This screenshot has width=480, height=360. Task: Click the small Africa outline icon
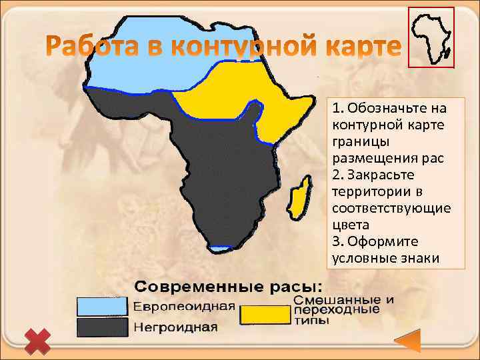pyautogui.click(x=431, y=37)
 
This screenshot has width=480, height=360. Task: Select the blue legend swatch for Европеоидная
pyautogui.click(x=102, y=306)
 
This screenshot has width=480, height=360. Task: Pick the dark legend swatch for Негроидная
pyautogui.click(x=102, y=327)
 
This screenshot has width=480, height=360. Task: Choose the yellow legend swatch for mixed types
pyautogui.click(x=264, y=315)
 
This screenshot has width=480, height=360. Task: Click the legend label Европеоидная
pyautogui.click(x=185, y=307)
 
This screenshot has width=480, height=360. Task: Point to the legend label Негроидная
pyautogui.click(x=176, y=327)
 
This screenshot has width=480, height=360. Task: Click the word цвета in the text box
pyautogui.click(x=349, y=225)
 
